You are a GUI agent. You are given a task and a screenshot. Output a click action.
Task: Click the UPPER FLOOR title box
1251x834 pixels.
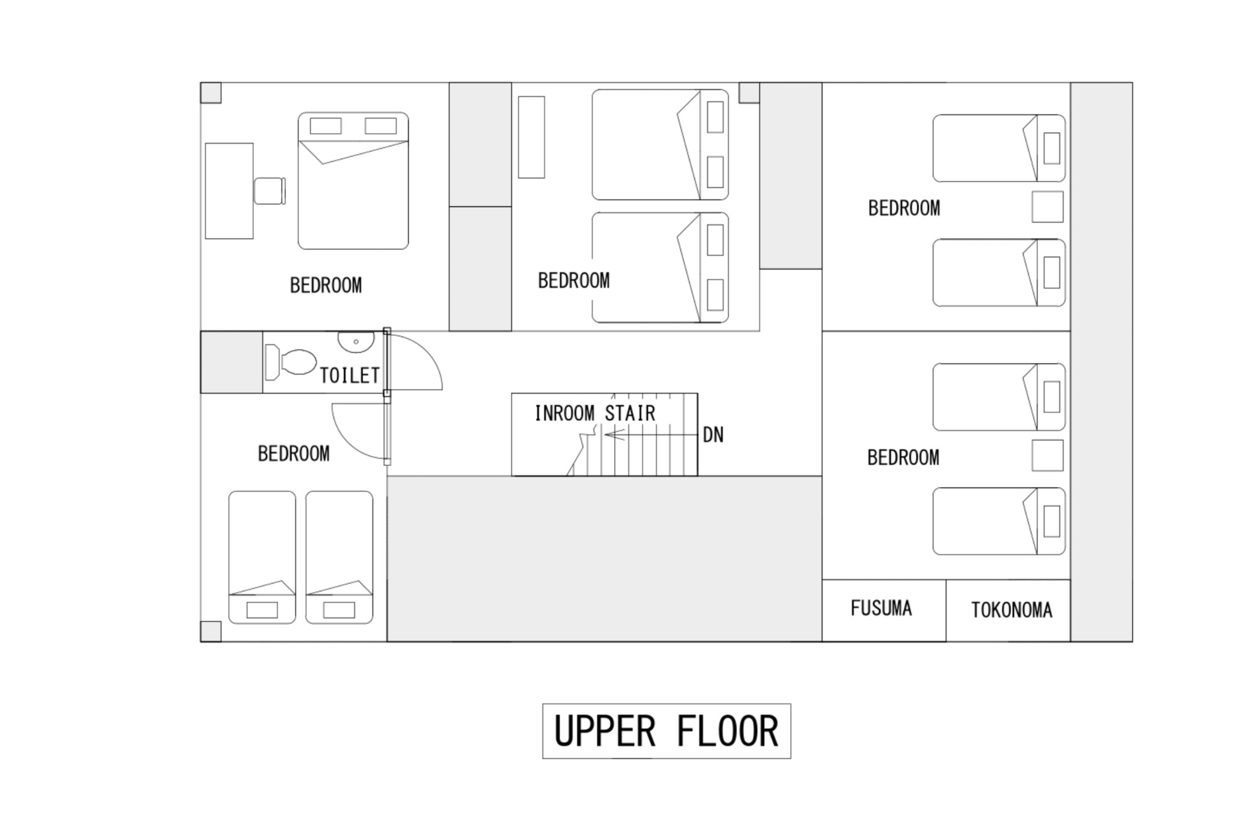click(x=666, y=731)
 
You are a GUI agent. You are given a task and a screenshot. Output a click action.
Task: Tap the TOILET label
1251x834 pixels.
click(x=350, y=375)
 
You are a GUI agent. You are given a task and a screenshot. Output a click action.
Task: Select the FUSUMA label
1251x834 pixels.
click(x=881, y=608)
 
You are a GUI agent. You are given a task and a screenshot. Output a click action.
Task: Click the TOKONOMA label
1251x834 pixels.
click(x=1012, y=610)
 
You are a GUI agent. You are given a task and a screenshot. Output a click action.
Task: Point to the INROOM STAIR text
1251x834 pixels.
click(x=595, y=413)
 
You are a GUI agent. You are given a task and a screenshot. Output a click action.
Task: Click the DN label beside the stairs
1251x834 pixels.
click(x=713, y=435)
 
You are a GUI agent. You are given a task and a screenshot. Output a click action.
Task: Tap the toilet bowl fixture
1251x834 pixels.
click(x=290, y=362)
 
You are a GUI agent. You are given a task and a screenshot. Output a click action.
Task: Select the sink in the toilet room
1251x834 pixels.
click(x=356, y=343)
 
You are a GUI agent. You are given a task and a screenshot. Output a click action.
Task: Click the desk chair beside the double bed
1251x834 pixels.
click(x=269, y=191)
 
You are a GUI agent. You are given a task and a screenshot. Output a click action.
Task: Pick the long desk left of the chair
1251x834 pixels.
click(x=229, y=191)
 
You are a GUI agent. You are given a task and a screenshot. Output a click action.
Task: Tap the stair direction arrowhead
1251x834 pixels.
click(x=614, y=434)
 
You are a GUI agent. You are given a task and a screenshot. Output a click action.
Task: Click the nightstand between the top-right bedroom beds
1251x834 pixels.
click(x=1048, y=207)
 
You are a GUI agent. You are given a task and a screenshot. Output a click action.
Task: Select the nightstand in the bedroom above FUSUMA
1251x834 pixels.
click(x=1048, y=455)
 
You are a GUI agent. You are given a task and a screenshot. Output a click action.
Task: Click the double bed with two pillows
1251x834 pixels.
click(x=353, y=181)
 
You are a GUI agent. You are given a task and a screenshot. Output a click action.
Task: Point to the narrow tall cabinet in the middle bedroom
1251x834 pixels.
click(x=531, y=137)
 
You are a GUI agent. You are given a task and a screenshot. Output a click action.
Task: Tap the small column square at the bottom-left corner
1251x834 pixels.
click(x=211, y=632)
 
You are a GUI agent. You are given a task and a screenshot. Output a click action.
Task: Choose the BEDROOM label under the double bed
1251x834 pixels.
click(x=326, y=285)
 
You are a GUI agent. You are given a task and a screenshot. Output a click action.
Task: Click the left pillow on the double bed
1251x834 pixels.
click(x=326, y=126)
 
